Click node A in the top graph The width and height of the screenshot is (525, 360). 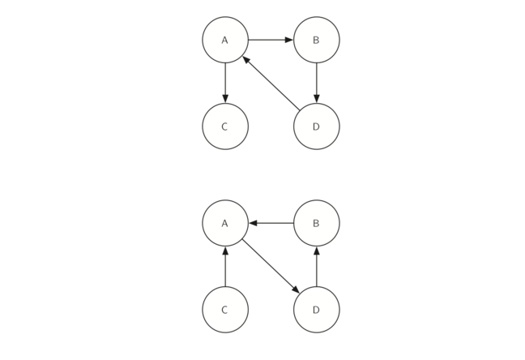(x=225, y=40)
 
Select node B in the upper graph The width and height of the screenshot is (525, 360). (x=316, y=40)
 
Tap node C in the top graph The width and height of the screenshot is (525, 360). (x=225, y=126)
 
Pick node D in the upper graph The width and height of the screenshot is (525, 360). (x=316, y=126)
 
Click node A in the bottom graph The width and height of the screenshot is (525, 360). (x=225, y=223)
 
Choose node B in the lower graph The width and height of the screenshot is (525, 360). (x=316, y=223)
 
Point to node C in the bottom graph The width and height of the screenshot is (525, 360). (x=225, y=310)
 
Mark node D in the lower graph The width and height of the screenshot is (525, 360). (x=316, y=310)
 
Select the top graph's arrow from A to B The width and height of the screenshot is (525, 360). (x=271, y=40)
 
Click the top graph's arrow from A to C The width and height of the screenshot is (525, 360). (x=225, y=83)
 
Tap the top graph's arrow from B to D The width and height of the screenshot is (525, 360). (x=316, y=83)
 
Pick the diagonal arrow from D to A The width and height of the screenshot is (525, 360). (x=271, y=84)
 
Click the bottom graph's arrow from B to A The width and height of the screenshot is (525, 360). (x=271, y=223)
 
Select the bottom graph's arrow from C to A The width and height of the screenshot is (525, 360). (x=225, y=266)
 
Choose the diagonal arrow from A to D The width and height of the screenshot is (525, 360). (x=271, y=266)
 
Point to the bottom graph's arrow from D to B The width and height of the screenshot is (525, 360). (x=316, y=266)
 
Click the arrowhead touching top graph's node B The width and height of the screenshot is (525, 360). (x=288, y=40)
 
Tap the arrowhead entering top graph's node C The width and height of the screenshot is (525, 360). (x=225, y=99)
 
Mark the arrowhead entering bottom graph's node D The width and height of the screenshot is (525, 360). (x=296, y=290)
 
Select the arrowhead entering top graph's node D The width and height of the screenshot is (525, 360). (x=316, y=99)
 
